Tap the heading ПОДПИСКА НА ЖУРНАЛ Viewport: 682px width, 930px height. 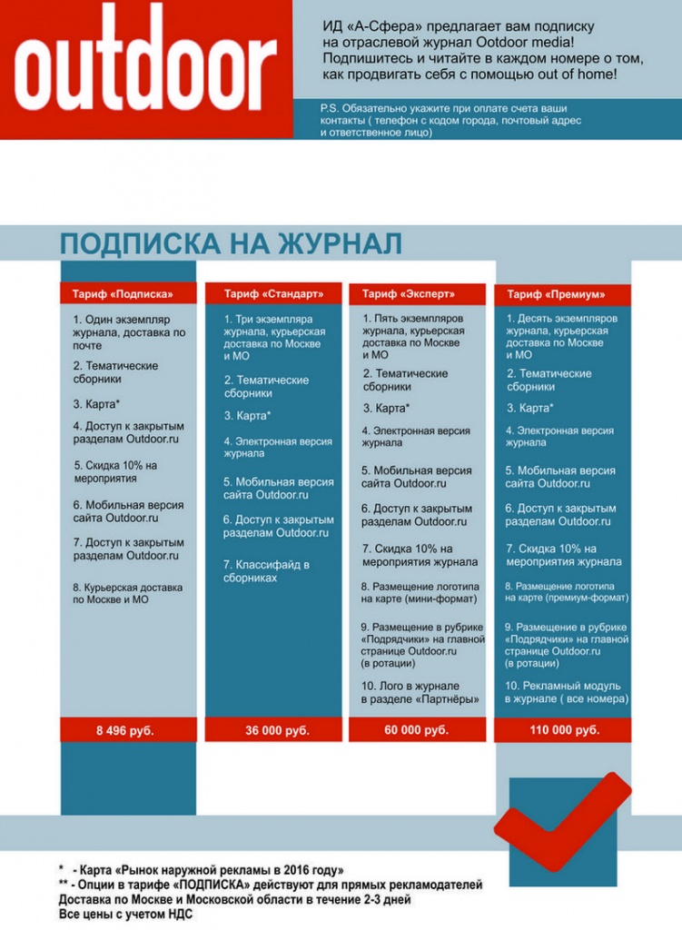click(x=231, y=243)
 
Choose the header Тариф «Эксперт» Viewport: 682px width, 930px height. click(x=409, y=293)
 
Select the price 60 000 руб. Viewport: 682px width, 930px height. click(x=416, y=729)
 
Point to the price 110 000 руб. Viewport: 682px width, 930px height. click(x=564, y=729)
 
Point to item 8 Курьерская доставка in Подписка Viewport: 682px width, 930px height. click(x=128, y=593)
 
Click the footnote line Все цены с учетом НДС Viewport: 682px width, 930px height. click(x=127, y=915)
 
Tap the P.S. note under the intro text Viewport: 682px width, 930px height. click(x=450, y=120)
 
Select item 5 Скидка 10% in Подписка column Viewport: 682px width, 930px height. click(x=116, y=472)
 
